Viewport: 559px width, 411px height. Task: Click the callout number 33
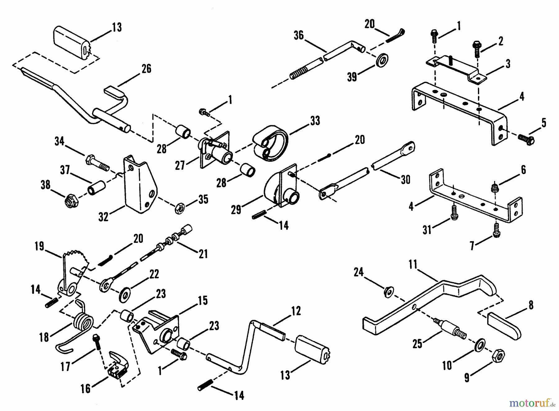click(315, 121)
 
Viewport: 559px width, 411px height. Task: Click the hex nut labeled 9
click(499, 356)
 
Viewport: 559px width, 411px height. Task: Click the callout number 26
click(146, 68)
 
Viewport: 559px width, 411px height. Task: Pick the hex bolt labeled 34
click(96, 163)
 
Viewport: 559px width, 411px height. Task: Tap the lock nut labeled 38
click(71, 202)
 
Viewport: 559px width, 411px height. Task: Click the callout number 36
click(298, 35)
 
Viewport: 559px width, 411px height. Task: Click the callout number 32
click(103, 217)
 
